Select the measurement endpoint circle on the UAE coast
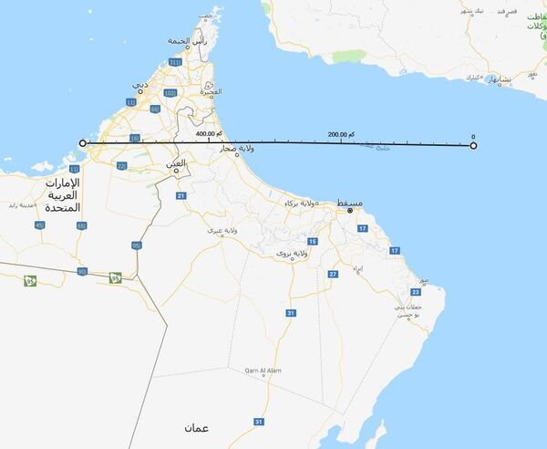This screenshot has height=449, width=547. point(83,143)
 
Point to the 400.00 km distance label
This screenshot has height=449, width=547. point(211,134)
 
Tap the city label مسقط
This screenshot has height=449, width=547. point(349,203)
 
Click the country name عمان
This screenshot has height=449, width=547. point(195,427)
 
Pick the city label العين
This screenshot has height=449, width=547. point(175,163)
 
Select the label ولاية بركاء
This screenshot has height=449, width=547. point(304,203)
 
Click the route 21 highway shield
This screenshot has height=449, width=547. point(181,196)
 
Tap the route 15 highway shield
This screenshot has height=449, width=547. point(313,241)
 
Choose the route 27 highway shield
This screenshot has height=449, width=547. point(334,274)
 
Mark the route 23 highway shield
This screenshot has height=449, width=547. point(415,291)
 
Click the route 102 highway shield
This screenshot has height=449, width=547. point(170,93)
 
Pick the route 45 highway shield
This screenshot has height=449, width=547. point(38,224)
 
